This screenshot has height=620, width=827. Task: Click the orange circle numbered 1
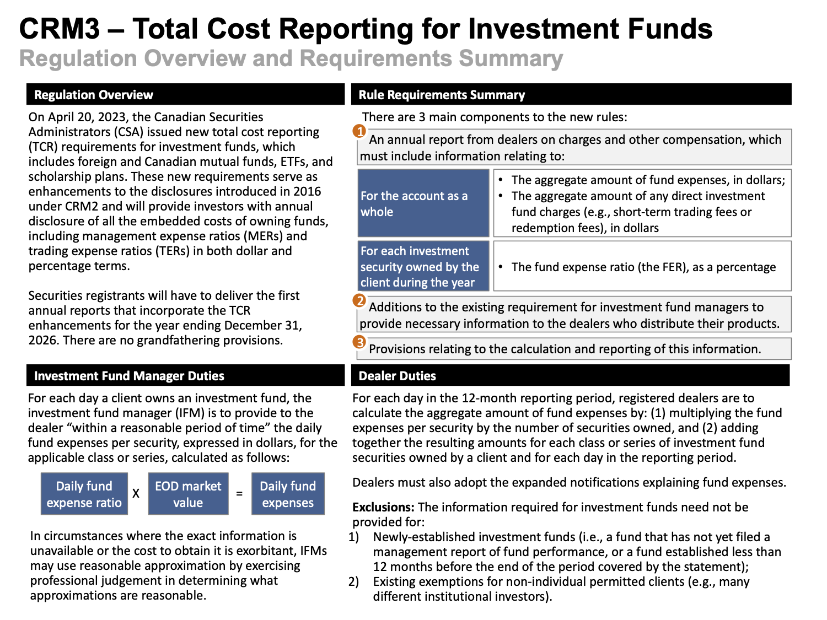coord(359,131)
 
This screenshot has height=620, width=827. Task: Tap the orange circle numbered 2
coord(359,301)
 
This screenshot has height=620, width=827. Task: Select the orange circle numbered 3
coord(359,342)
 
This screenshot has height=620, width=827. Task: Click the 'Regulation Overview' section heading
coord(93,95)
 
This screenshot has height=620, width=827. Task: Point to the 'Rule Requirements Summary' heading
coord(442,95)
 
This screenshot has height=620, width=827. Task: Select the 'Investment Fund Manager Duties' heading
coord(129,376)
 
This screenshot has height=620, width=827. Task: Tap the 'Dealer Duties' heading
coord(397,376)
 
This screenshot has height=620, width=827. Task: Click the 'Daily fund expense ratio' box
coord(84,493)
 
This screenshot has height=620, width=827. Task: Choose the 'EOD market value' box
coord(188,493)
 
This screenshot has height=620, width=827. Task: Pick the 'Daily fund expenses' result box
coord(288,493)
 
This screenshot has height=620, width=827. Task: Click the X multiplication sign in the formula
coord(136,493)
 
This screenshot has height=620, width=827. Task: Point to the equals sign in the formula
coord(239,493)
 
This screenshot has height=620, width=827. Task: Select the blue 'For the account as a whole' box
coord(423,203)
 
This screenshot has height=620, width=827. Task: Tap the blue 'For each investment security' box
coord(423,266)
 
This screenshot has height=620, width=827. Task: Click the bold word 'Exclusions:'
coord(383,507)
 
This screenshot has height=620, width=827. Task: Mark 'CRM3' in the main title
coord(60,29)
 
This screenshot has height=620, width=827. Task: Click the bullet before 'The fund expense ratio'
coord(501,267)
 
